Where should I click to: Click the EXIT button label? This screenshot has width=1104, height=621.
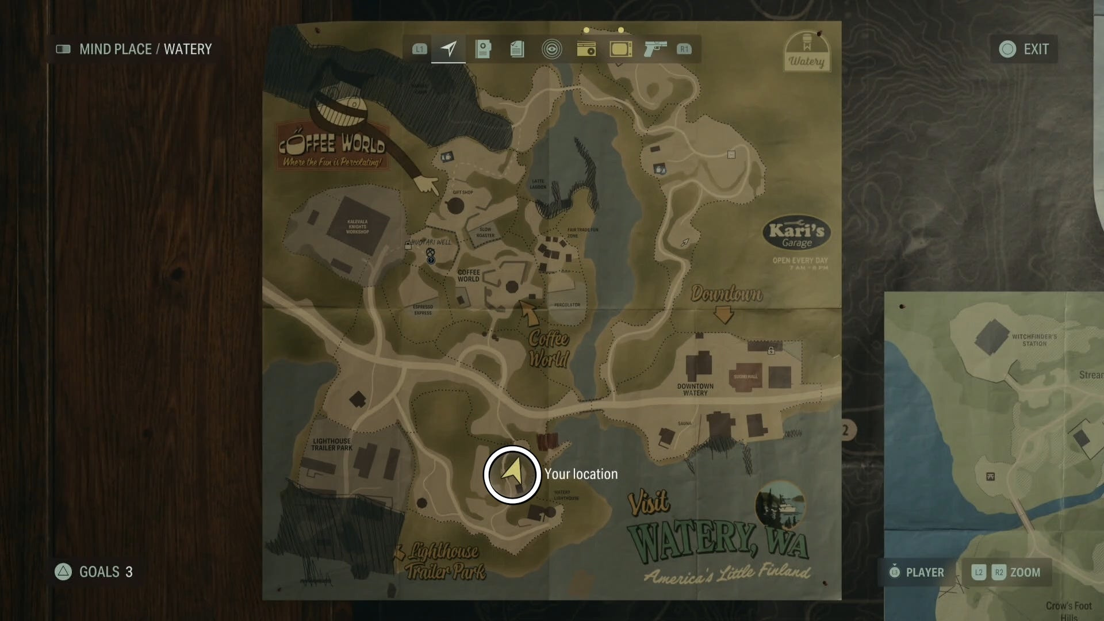1036,49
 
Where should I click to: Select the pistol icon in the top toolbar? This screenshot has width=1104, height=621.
655,49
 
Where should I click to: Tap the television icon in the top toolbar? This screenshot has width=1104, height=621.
621,49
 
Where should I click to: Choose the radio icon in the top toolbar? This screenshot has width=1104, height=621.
586,49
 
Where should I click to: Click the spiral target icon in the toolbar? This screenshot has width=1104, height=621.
551,49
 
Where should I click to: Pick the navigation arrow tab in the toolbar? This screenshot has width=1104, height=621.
448,49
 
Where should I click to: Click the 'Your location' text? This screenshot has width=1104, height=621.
581,474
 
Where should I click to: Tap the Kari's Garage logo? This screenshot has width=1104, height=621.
796,234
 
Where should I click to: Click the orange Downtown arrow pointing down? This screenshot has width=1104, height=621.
723,315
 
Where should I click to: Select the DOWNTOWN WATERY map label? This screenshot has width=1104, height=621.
695,389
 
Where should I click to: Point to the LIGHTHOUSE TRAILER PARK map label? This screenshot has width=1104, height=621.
332,444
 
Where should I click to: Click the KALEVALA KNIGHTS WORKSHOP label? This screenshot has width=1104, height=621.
357,227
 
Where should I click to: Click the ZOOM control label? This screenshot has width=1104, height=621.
1025,572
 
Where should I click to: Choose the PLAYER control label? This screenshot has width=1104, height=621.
925,572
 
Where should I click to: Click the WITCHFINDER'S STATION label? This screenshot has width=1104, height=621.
1034,340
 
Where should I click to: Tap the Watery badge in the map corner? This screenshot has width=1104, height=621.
806,52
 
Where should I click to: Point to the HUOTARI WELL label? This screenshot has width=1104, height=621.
431,242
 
